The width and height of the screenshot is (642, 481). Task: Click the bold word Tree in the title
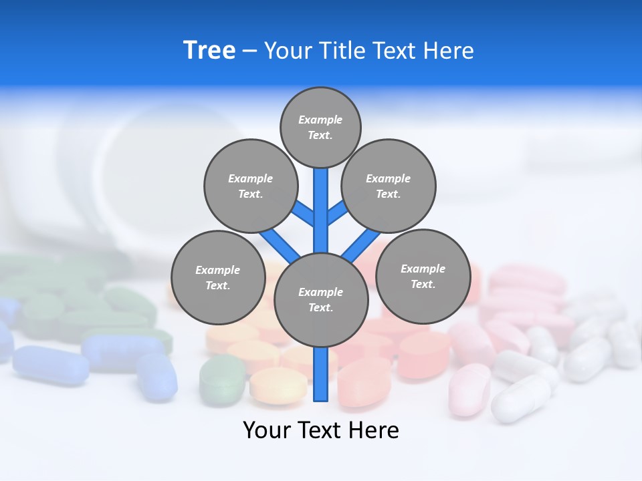(x=209, y=50)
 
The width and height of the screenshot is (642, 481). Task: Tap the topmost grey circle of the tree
(x=320, y=127)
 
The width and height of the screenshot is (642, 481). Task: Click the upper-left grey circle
(x=250, y=186)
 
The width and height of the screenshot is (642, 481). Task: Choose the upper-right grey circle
(x=389, y=186)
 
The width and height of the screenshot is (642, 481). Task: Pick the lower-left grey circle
(x=218, y=277)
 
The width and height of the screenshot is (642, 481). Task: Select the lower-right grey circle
(x=423, y=276)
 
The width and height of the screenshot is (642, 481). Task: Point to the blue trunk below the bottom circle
(x=321, y=374)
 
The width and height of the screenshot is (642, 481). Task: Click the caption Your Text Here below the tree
(x=321, y=430)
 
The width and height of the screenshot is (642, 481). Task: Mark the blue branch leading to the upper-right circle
(x=337, y=213)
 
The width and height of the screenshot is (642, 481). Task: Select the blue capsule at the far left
(x=50, y=365)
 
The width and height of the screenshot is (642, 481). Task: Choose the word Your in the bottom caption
(x=267, y=430)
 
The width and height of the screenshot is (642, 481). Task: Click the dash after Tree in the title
(x=249, y=51)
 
